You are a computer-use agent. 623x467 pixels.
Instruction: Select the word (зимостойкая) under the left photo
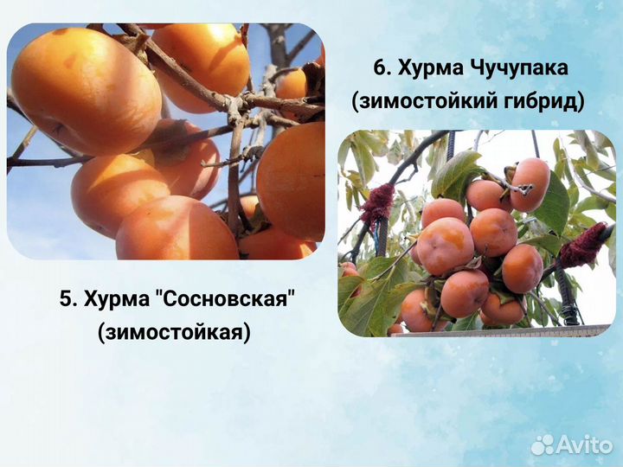[x=174, y=331]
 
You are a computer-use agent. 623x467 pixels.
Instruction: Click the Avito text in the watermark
[x=586, y=445]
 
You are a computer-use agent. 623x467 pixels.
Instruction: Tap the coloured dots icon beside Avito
[x=543, y=445]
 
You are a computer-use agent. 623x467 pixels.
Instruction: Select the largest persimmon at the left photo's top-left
[x=74, y=91]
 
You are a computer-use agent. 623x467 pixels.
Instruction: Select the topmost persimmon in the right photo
[x=530, y=182]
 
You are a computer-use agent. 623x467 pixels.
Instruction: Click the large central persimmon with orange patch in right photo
[x=446, y=246]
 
